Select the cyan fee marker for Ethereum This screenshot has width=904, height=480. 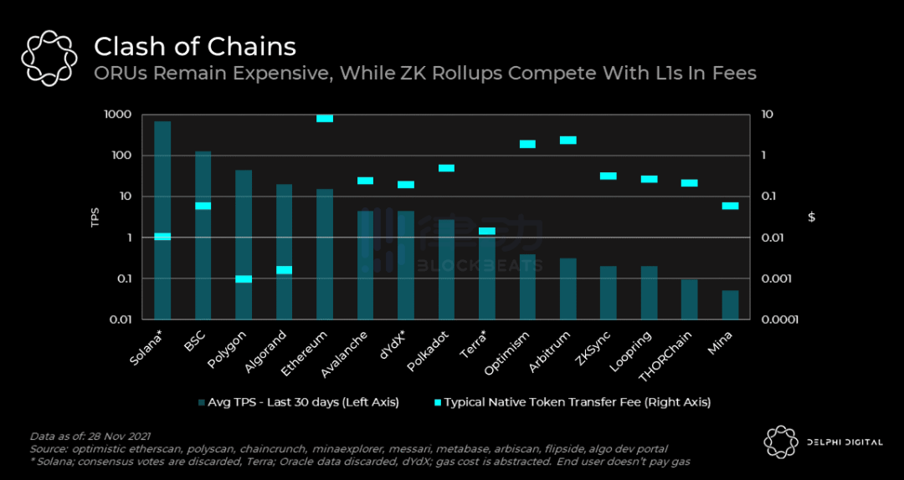click(325, 118)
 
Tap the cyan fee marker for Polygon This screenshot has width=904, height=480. click(244, 278)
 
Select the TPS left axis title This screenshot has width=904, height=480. click(95, 217)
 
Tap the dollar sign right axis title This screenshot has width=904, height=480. click(811, 217)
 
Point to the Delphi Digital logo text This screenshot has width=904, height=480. click(844, 442)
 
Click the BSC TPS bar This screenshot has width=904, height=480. click(203, 235)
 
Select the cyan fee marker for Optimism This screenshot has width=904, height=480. click(527, 144)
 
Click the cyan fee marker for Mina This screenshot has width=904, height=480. click(730, 206)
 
